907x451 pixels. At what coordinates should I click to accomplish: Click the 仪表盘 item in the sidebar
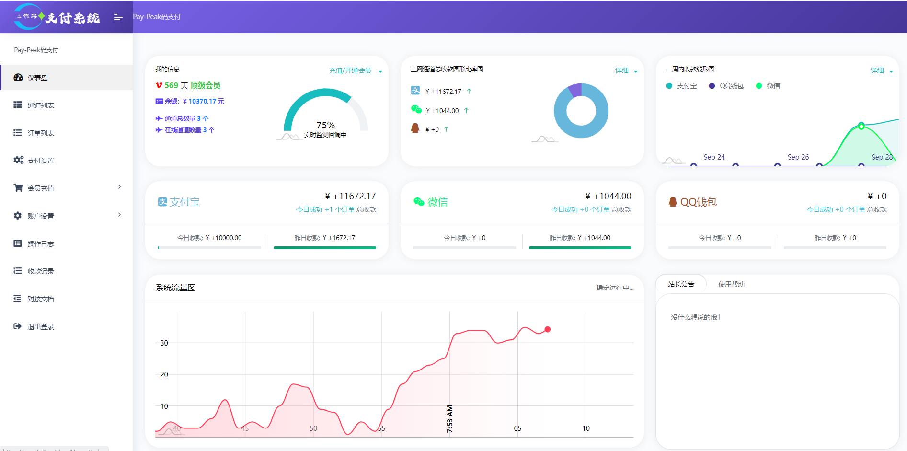tap(37, 78)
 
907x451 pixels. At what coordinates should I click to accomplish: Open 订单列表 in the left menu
tap(41, 133)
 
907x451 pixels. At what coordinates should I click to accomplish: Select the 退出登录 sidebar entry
tap(41, 327)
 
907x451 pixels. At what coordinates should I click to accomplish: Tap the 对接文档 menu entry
tap(41, 299)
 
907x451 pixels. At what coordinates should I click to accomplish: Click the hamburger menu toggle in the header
tap(118, 17)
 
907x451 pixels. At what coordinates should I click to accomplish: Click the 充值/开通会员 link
tap(350, 70)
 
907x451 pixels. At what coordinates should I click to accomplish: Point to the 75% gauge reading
tap(325, 125)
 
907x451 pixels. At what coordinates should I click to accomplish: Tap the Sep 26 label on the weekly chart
tap(798, 157)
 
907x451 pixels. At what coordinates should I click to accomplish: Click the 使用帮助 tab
tap(731, 284)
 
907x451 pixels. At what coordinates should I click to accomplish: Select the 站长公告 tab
tap(681, 284)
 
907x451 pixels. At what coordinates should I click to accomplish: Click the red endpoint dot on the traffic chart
tap(548, 329)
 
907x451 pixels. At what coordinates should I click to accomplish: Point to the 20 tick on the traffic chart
tap(164, 375)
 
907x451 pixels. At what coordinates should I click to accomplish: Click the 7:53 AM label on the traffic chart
tap(449, 419)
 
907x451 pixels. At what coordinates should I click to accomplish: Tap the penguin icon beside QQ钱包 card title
tap(673, 202)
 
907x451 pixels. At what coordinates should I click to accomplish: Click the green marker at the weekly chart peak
tap(861, 126)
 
